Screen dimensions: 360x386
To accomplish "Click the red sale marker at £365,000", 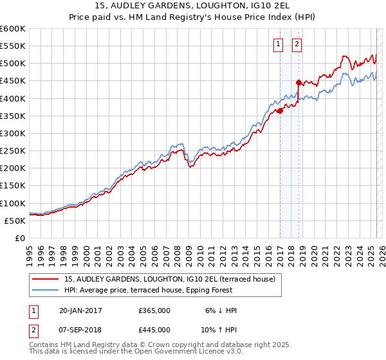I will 280,111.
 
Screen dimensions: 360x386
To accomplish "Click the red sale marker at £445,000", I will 299,82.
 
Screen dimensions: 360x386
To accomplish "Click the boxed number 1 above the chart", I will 278,44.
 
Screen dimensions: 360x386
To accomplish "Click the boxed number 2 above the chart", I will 297,44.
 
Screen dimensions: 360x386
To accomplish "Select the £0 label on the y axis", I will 19,238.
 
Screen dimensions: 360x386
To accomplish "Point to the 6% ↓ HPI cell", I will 221,310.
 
